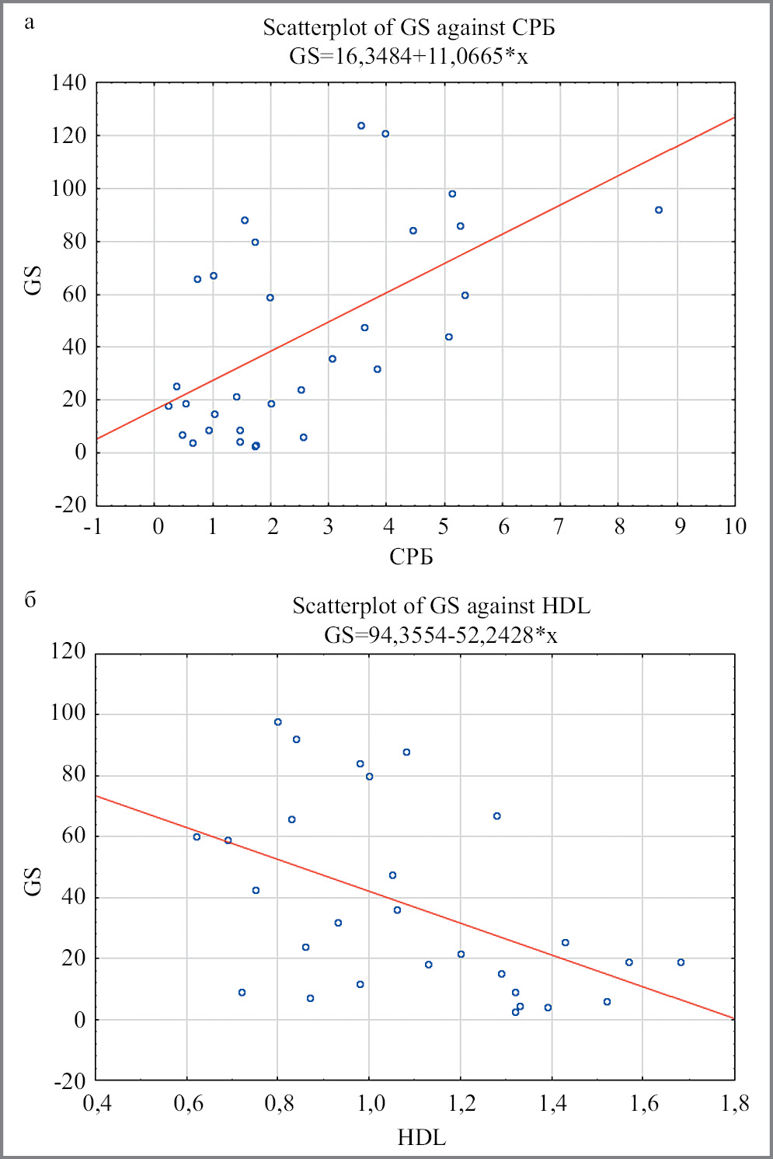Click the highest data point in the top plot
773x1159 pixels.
(x=361, y=126)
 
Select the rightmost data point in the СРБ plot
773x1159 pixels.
(x=659, y=210)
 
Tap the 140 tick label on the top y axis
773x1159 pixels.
(x=69, y=82)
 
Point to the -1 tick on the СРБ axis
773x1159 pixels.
(x=93, y=527)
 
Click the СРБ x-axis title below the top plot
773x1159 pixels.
(x=411, y=557)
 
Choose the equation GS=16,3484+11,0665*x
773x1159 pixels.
(x=409, y=57)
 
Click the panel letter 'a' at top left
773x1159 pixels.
(x=30, y=23)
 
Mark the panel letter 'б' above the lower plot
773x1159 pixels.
(x=30, y=599)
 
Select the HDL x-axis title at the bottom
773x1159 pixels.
(x=422, y=1138)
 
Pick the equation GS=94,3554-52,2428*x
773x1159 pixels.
(x=440, y=635)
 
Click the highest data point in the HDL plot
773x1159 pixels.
(x=278, y=722)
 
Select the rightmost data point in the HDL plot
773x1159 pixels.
(x=681, y=962)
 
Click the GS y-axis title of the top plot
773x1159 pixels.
(x=33, y=281)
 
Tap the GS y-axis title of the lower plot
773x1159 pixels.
(x=33, y=881)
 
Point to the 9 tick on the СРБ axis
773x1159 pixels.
(x=680, y=527)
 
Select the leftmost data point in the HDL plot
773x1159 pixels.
(x=197, y=837)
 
